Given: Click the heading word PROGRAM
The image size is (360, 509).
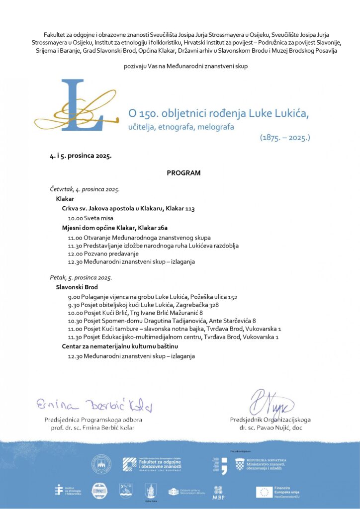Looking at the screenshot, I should point(183,173).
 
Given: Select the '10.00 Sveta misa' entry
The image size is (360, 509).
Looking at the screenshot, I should point(90,218).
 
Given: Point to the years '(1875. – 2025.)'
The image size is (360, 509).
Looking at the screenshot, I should point(284,137).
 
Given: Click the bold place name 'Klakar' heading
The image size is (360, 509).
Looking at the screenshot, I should point(65,199).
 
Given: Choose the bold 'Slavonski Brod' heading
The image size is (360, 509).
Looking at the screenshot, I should point(77,287).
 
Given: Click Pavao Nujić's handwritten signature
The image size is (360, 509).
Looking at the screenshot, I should point(271,404).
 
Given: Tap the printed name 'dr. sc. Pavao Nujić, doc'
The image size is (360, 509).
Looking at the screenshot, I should point(270,427).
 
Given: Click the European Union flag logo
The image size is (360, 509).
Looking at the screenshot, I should point(264,492).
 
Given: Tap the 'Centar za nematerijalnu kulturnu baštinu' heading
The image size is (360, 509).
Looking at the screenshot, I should point(120,346).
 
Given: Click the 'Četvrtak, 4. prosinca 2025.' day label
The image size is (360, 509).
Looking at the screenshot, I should point(85,189).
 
